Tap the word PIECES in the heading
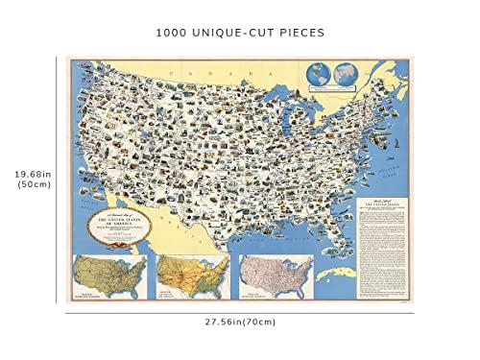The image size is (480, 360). tap(300, 31)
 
